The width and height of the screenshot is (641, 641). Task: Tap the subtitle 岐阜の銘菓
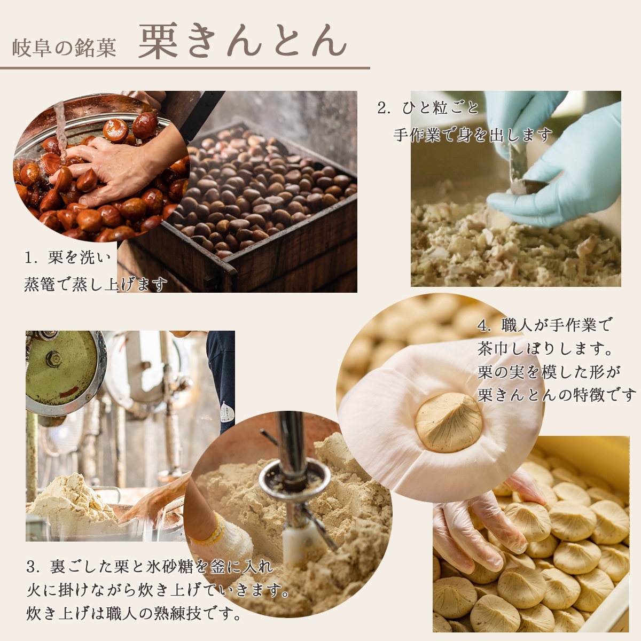pos(64,48)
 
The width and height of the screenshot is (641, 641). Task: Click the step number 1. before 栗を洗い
pos(31,259)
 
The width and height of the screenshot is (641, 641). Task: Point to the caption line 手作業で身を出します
pos(473,135)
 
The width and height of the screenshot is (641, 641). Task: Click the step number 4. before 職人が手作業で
pos(484,325)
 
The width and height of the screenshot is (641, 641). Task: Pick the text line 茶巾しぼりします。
pos(545,349)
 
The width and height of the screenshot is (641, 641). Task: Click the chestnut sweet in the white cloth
pos(448,421)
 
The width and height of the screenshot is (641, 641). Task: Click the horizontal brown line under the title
pos(185,68)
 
